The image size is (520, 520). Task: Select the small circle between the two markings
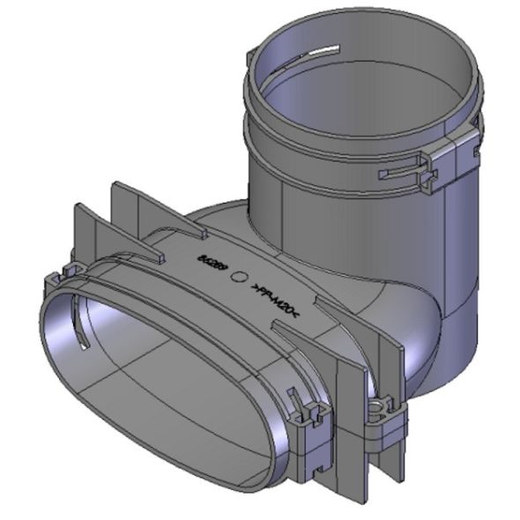(x=239, y=277)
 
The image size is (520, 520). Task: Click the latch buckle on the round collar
(x=437, y=167)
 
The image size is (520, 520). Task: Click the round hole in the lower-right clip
(x=379, y=405)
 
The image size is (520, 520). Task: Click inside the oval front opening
(x=159, y=388)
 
